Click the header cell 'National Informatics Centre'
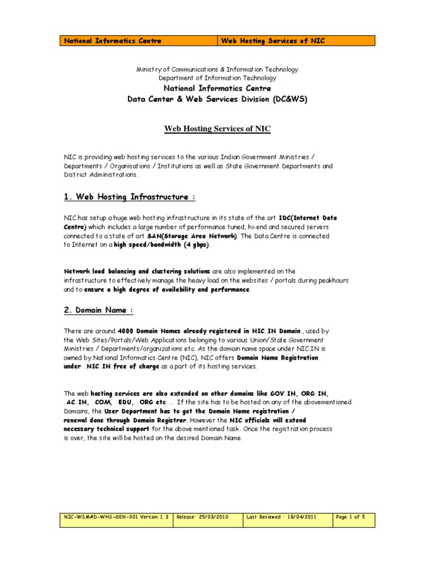click(113, 41)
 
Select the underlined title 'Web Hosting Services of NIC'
click(217, 129)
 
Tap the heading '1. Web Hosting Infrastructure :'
click(129, 197)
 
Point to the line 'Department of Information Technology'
click(217, 78)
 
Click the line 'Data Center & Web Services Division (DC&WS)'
click(217, 99)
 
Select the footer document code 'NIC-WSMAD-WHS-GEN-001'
click(100, 517)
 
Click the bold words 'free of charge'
click(134, 366)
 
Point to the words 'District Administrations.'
click(101, 174)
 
